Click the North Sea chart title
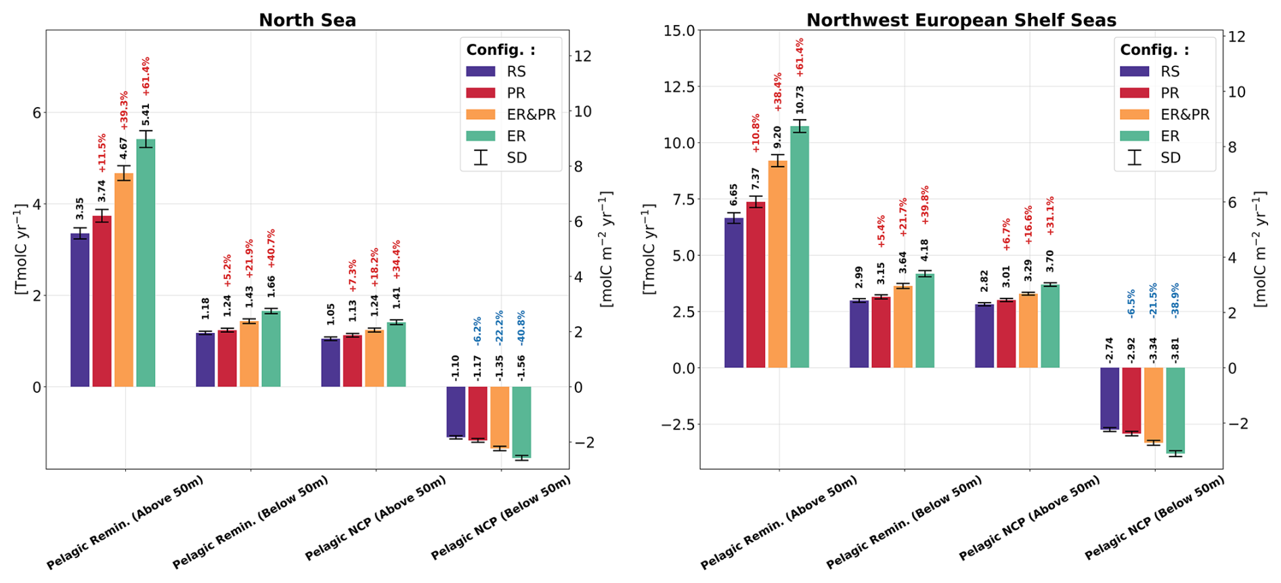coord(307,20)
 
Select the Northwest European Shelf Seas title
coord(961,20)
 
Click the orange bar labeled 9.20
coord(778,264)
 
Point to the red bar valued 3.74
coord(102,301)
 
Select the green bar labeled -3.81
coord(1175,410)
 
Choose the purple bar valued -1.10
coord(456,412)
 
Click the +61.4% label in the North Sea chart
coord(146,77)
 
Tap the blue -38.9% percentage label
coord(1175,301)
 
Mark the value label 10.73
coord(800,100)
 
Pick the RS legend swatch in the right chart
coord(1134,71)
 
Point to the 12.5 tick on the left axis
coord(680,87)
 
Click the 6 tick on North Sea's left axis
coord(36,112)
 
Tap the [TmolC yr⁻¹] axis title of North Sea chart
coord(20,249)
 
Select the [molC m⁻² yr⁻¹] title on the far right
coord(1259,249)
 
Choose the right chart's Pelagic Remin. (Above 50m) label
coord(779,523)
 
